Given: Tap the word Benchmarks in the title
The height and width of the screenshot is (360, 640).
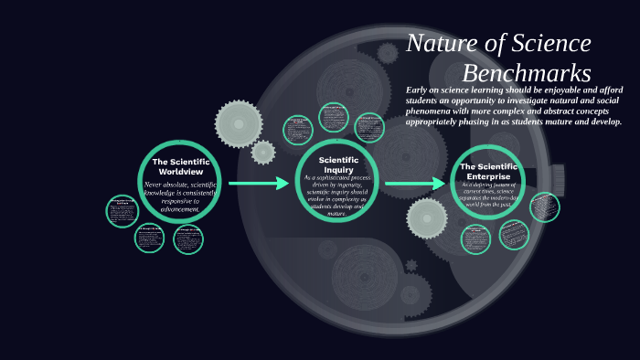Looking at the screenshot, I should tap(527, 73).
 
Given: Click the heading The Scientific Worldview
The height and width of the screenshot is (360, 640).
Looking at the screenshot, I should tap(180, 166).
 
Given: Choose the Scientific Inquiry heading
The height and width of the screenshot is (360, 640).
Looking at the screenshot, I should tap(337, 164).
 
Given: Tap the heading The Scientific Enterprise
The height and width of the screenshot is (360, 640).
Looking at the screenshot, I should tap(486, 171).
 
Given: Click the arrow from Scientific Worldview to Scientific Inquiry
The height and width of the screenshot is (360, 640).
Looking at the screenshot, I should tap(258, 184).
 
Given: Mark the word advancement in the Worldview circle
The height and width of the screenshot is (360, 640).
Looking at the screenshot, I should tap(180, 209).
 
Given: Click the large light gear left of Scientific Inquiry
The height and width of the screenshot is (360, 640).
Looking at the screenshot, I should tap(239, 123).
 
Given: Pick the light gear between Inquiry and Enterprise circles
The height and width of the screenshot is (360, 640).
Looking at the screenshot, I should tap(427, 218).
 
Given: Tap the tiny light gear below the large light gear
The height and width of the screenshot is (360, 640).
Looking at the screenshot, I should tap(263, 152).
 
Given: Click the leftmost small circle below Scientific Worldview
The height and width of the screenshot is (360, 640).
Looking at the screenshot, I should tap(122, 211).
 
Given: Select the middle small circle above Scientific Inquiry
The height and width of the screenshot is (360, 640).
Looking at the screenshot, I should tap(334, 117).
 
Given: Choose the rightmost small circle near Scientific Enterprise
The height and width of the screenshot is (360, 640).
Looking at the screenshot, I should tap(545, 206).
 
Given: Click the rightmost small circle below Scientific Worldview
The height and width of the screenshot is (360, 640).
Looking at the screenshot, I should tap(188, 239).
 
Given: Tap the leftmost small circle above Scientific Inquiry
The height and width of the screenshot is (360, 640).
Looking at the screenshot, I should tap(298, 130).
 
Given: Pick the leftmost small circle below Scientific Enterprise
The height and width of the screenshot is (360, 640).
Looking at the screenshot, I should tap(475, 239).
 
